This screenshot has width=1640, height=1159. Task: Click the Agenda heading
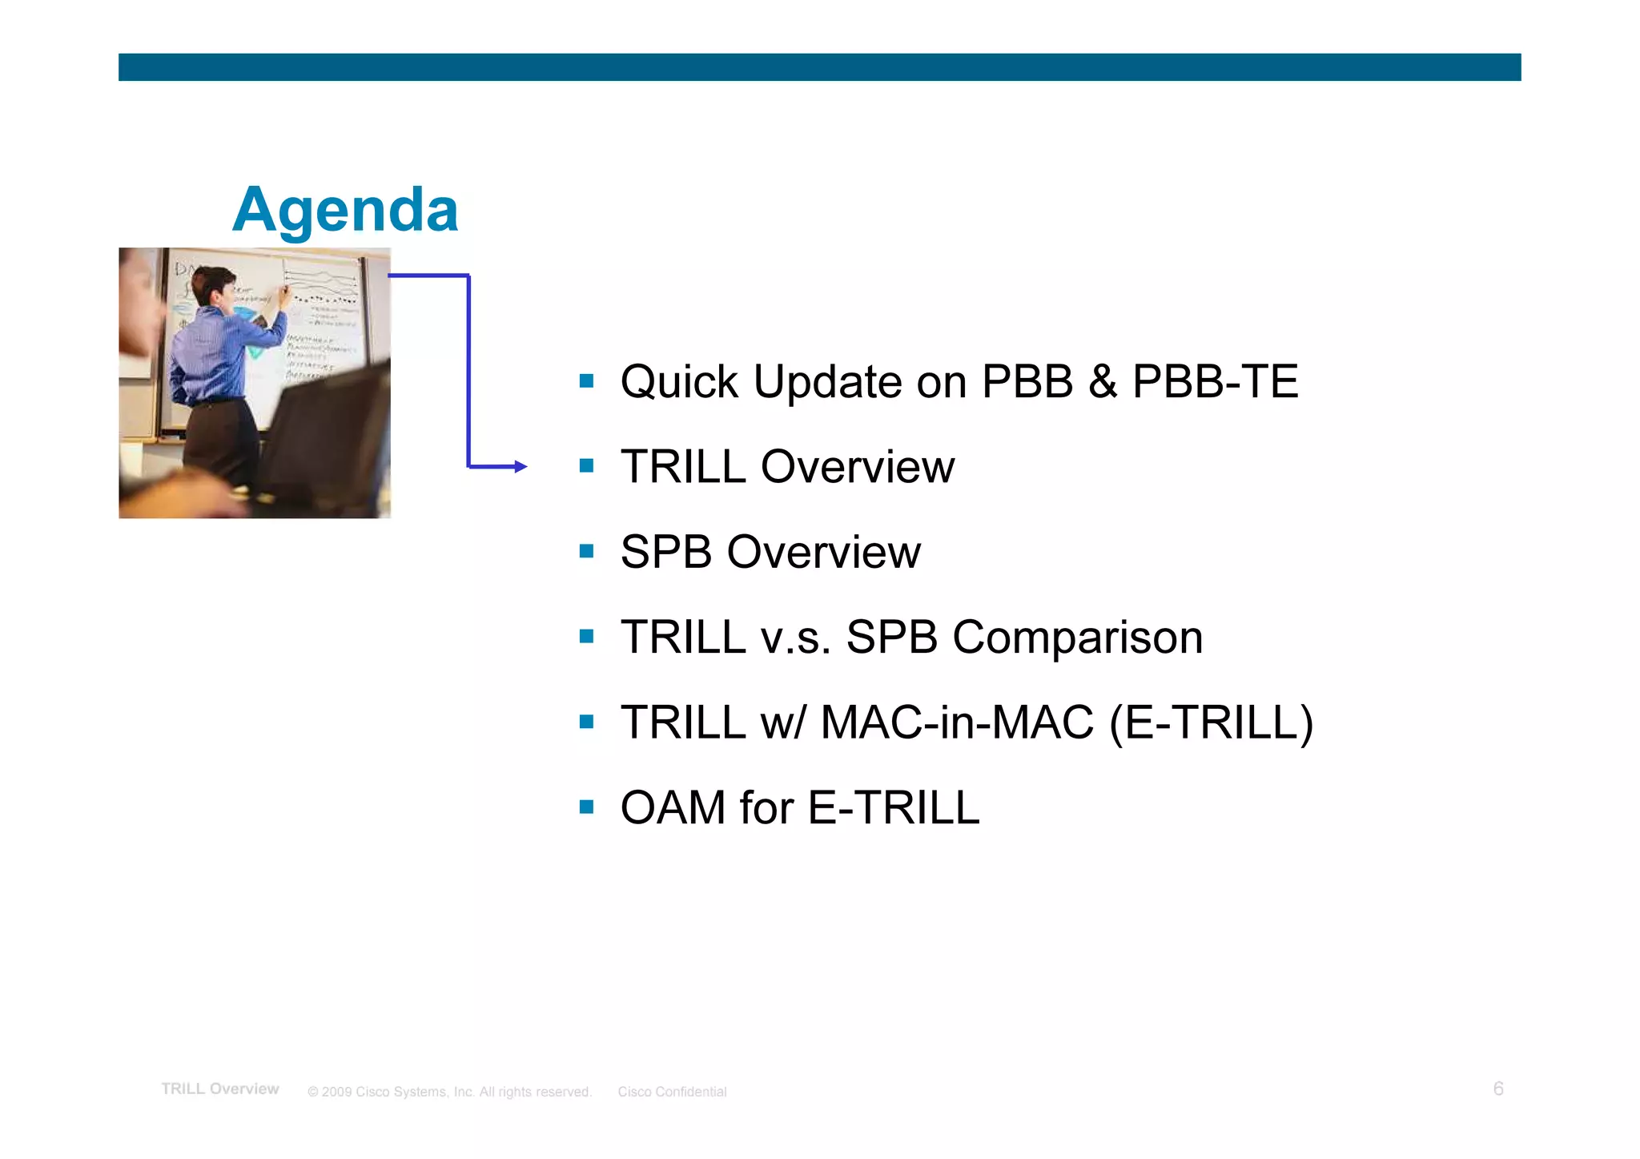click(345, 210)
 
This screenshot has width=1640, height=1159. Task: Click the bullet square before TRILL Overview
click(587, 465)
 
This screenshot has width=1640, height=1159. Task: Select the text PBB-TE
click(1215, 381)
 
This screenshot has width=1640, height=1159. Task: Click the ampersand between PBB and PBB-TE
click(1103, 381)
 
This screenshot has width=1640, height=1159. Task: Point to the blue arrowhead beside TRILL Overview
click(521, 466)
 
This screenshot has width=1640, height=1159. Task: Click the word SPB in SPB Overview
click(665, 552)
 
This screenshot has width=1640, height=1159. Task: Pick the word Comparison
click(1077, 638)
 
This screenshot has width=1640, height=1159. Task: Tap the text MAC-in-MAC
click(957, 722)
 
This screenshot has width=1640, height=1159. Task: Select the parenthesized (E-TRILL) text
click(1212, 722)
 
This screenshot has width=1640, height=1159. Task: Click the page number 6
click(1498, 1089)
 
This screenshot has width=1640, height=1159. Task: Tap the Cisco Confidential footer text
click(672, 1092)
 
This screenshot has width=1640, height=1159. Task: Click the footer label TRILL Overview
click(220, 1089)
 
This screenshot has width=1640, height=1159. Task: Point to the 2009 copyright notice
click(449, 1092)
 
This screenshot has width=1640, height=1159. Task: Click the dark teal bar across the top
click(819, 67)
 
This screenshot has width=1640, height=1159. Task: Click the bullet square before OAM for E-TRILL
click(587, 807)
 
